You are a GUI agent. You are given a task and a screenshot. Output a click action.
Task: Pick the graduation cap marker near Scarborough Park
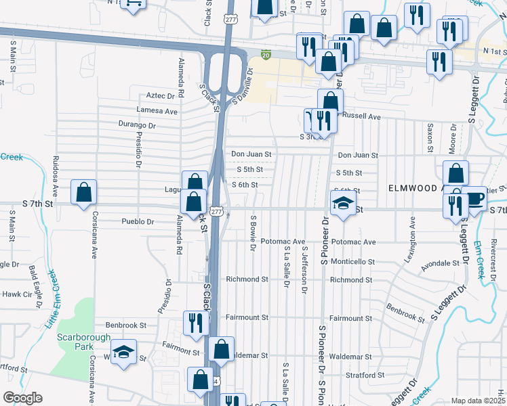123,352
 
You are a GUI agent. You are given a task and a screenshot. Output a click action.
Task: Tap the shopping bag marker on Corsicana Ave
83,192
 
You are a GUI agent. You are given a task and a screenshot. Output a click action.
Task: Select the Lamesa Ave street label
157,111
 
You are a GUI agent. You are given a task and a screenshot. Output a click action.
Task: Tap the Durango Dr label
136,125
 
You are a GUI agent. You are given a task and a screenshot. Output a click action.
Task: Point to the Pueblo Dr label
138,221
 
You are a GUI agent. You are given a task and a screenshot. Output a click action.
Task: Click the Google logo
23,398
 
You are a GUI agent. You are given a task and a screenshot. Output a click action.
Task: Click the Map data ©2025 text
478,401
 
